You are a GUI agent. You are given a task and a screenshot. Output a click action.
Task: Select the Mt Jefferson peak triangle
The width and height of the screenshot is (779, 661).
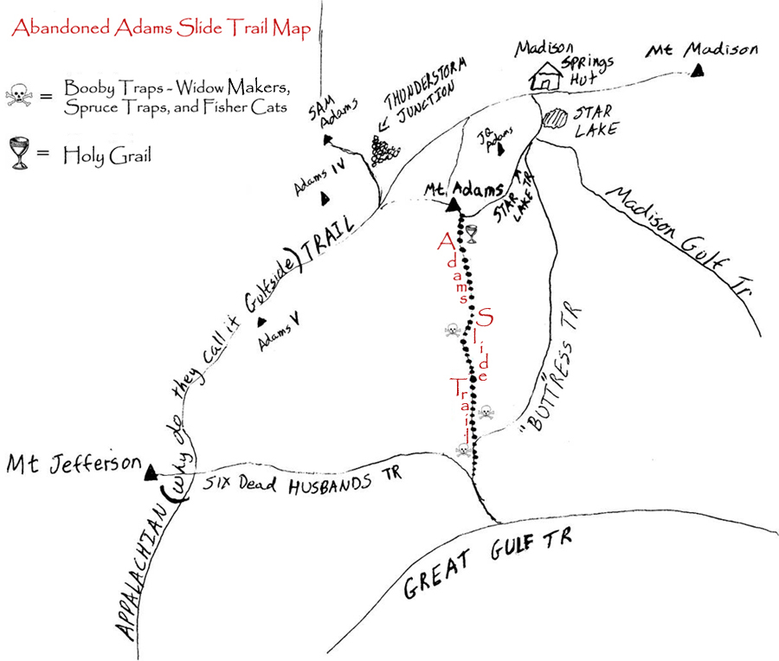pos(150,472)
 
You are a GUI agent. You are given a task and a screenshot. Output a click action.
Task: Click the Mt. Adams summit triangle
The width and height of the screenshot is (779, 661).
pos(452,205)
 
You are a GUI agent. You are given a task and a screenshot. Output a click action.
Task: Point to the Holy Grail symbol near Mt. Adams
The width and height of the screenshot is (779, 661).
pos(472,233)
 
